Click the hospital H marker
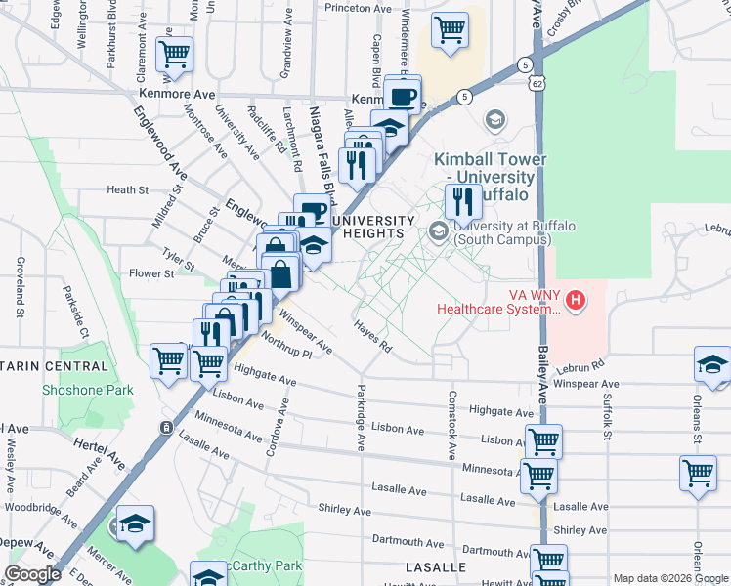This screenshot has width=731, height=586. pos(577,298)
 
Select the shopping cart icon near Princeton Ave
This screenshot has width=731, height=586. pos(450,30)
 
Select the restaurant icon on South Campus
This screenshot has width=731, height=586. pos(463,202)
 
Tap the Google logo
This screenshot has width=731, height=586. pos(32,574)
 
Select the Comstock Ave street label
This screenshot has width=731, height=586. pos(452,425)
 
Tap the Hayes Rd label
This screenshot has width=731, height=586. pos(372,339)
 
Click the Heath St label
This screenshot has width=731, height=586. pos(127,190)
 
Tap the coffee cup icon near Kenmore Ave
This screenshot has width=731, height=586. pos(403,96)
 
